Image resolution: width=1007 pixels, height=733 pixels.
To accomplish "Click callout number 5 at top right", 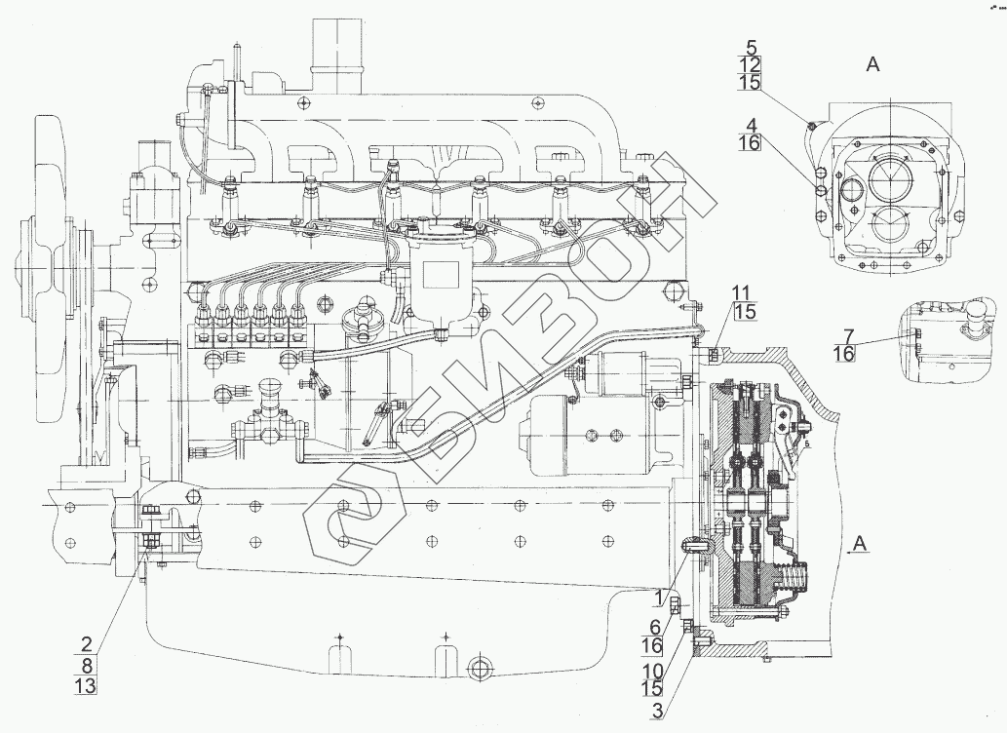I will point(752,46).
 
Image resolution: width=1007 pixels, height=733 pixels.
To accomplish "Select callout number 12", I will point(752,64).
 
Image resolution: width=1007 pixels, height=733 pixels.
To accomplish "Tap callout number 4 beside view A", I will point(752,125).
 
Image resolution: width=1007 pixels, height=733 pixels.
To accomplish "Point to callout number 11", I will point(743,292).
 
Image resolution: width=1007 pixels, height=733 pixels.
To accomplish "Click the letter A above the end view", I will point(872,65).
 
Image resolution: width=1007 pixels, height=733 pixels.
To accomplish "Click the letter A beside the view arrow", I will point(857,542).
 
